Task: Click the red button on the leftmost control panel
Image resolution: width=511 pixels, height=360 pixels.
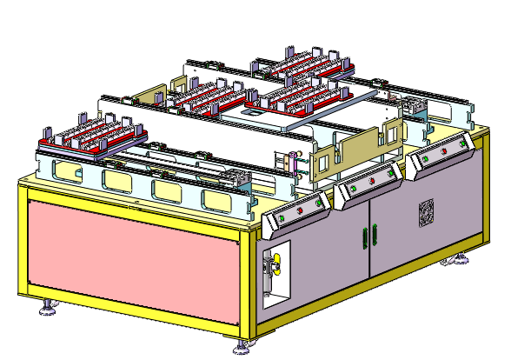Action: [299, 210]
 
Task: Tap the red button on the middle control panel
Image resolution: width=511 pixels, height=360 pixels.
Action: [373, 181]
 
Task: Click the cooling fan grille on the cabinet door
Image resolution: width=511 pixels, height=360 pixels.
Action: [427, 213]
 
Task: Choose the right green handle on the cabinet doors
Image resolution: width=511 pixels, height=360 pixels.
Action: [375, 233]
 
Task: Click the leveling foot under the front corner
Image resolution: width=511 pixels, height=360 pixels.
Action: [241, 350]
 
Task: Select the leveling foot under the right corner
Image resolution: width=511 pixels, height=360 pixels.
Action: [459, 260]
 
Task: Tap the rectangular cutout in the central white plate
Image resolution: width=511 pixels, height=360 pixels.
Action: [255, 113]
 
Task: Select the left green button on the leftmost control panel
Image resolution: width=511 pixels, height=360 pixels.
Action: [281, 217]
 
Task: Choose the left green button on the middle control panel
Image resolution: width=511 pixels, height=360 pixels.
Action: [354, 189]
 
